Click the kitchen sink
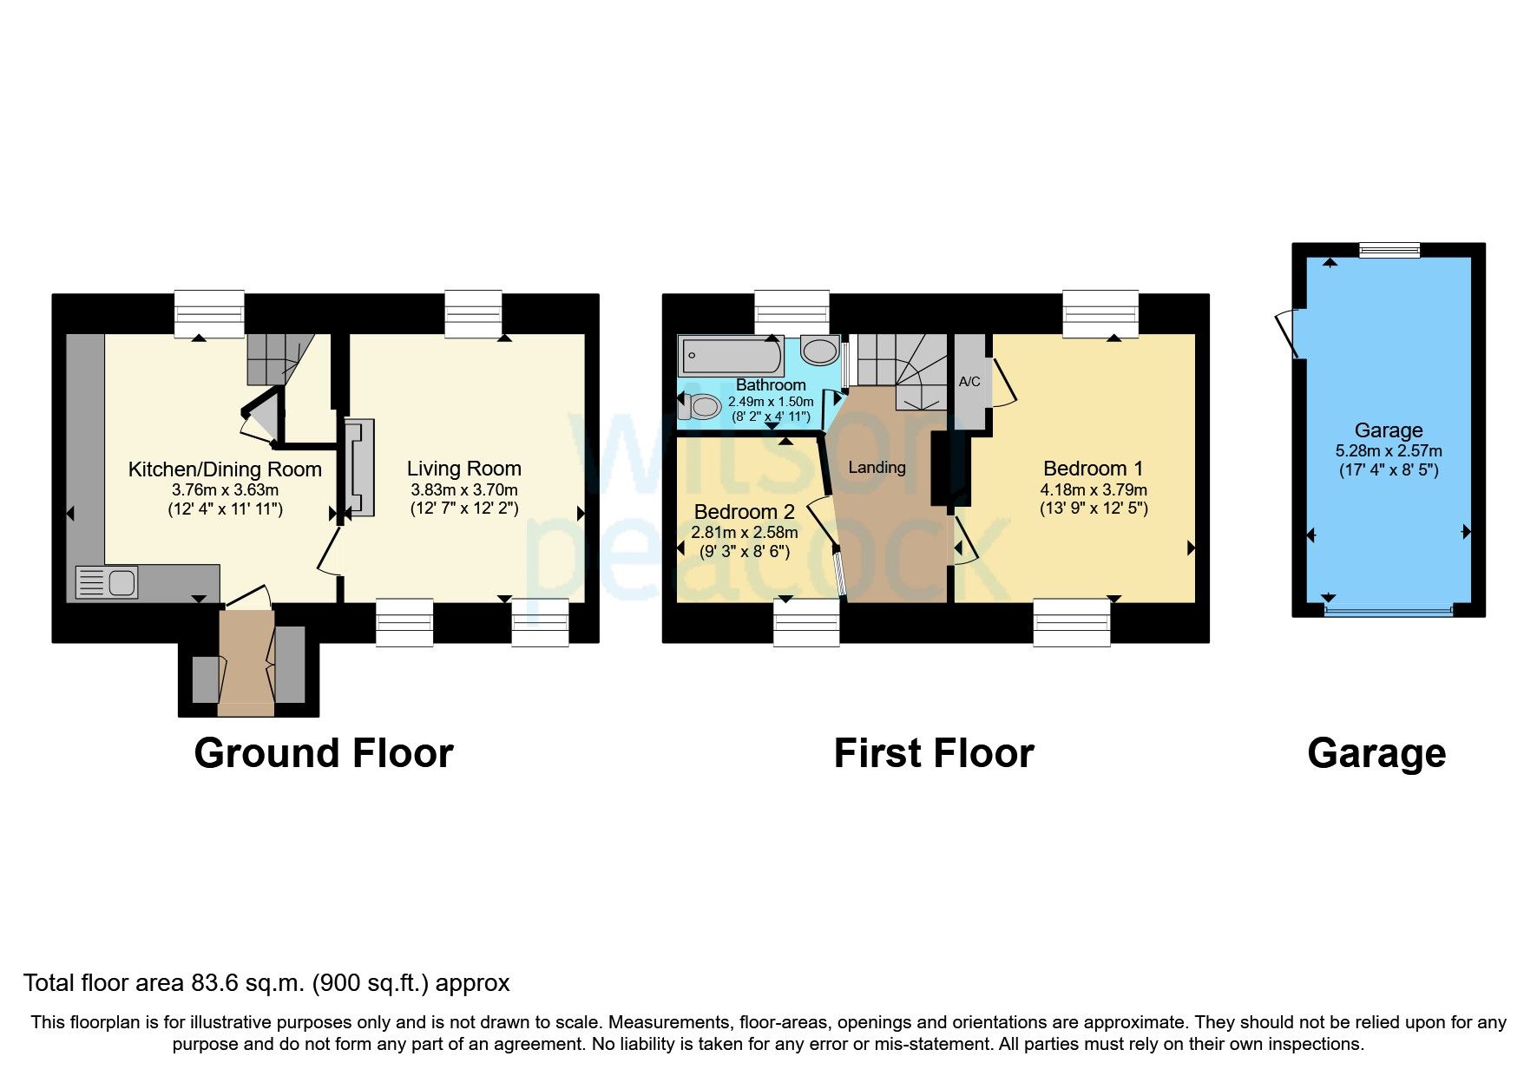coord(107,582)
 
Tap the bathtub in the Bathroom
coord(731,355)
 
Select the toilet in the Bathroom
coord(701,406)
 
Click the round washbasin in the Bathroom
coord(819,351)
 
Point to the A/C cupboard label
coord(969,382)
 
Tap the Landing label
coord(877,468)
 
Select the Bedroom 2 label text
coord(744,512)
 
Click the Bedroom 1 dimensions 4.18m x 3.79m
coord(1094,489)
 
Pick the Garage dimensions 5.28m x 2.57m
coord(1388,451)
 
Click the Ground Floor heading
coord(323,753)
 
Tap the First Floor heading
coord(934,753)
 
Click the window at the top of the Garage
coord(1389,250)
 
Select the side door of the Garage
coord(1287,334)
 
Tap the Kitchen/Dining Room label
coord(225,469)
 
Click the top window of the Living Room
coord(473,315)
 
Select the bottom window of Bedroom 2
coord(806,623)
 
